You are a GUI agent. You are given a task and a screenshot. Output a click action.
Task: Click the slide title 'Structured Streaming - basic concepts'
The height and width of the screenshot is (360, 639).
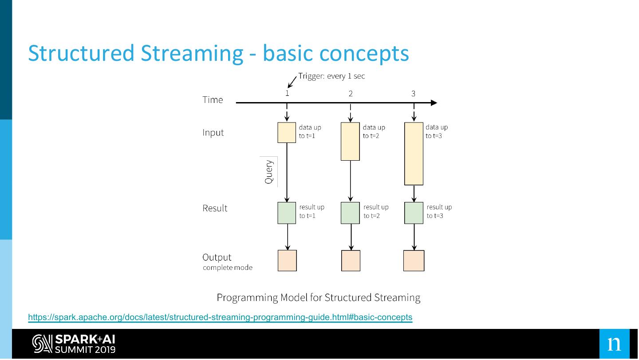(218, 53)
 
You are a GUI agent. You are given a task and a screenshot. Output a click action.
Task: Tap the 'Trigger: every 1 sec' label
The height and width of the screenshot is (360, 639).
(331, 76)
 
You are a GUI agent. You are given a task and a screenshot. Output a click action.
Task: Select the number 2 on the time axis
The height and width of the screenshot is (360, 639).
(351, 94)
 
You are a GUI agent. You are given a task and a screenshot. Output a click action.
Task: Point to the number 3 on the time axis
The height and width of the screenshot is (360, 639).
(414, 94)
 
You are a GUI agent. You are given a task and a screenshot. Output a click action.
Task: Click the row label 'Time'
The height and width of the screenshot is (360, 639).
(213, 100)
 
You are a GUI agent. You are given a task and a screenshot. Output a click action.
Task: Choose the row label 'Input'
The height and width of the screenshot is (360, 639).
(213, 133)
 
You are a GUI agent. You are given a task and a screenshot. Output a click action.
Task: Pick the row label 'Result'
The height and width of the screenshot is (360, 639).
(215, 208)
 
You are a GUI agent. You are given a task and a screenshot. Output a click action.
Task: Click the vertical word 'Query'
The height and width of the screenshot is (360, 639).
(269, 172)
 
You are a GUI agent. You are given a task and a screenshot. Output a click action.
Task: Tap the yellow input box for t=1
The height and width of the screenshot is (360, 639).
(287, 132)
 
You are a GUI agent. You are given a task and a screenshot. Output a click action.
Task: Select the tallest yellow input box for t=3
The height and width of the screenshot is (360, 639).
(414, 153)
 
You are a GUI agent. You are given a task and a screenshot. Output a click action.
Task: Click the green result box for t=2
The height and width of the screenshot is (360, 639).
(350, 213)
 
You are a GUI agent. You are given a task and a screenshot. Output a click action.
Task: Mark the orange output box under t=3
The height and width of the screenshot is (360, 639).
(414, 261)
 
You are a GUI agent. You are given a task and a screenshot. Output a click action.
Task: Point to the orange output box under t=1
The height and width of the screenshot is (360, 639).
(287, 261)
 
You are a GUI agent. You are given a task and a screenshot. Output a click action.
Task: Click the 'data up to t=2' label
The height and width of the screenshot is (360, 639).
(374, 132)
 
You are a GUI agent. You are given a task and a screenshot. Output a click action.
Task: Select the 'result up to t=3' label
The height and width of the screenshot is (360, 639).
(439, 211)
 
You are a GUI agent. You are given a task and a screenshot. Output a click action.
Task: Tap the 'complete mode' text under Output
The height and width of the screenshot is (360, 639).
(228, 268)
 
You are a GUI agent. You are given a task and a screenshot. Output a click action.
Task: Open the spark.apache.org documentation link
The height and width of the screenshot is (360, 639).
(220, 317)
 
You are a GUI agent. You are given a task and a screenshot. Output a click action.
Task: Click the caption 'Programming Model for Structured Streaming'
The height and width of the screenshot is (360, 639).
(318, 297)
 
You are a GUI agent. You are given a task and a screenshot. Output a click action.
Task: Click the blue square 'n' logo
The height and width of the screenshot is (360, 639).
(614, 344)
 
